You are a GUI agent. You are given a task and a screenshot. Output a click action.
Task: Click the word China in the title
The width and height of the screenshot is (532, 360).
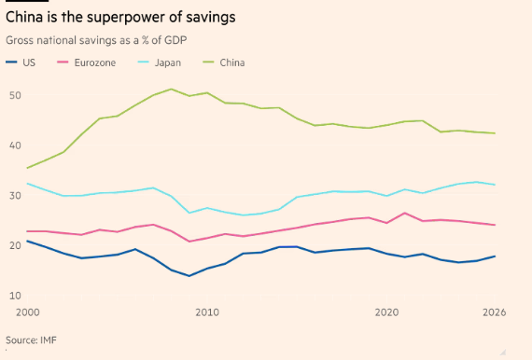click(24, 17)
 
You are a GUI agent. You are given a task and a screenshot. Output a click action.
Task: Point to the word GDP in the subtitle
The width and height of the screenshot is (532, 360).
click(175, 40)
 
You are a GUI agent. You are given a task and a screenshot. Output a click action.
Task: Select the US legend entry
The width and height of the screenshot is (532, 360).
click(21, 62)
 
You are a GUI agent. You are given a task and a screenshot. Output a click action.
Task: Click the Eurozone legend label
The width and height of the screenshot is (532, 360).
click(95, 62)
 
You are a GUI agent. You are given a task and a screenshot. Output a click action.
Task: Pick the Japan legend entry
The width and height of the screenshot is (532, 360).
click(168, 63)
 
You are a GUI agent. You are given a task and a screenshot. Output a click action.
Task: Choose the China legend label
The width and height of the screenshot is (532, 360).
click(232, 62)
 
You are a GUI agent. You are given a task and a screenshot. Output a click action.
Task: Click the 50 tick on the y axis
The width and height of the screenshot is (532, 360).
click(15, 95)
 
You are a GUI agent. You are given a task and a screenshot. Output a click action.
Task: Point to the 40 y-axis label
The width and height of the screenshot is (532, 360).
click(15, 145)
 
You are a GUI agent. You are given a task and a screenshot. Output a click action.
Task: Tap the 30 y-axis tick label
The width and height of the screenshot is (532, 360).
click(15, 196)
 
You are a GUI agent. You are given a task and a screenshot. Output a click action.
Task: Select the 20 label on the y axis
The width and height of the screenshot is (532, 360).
click(15, 245)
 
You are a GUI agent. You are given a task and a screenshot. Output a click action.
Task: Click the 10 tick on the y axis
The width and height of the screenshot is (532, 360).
click(15, 296)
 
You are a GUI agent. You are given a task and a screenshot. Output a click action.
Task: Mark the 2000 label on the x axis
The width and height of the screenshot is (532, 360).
click(28, 312)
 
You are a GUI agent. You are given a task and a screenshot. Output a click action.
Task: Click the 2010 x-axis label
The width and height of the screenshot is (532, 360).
click(207, 312)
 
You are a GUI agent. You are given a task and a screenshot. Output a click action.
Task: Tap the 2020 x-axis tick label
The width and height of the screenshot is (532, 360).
click(386, 312)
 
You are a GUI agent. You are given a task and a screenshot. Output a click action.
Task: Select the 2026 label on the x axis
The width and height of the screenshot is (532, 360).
click(494, 312)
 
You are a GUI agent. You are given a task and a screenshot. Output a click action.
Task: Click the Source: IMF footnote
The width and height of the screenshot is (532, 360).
click(31, 340)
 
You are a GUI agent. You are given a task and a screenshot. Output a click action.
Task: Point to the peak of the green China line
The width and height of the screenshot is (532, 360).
click(171, 90)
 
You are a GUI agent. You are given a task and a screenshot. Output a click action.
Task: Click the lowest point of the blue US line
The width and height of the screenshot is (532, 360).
click(189, 276)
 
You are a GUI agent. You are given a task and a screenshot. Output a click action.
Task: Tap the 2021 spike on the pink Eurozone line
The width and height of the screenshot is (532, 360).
click(404, 213)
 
